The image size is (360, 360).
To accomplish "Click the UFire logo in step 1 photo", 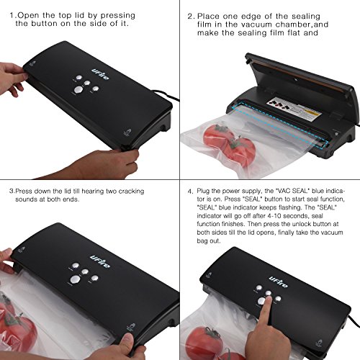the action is point(100,74).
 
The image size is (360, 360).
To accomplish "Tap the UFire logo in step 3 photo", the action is point(100,262).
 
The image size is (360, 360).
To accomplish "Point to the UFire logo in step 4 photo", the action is point(279,282).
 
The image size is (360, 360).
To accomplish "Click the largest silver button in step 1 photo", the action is point(78,90).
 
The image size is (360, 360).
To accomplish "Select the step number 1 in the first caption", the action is point(12,16).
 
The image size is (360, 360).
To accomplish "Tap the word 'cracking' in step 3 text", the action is point(131,191).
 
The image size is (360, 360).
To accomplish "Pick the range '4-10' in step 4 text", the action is point(274,216).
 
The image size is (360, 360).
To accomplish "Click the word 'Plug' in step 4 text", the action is point(204,191).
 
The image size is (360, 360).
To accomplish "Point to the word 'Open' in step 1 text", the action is point(28,16).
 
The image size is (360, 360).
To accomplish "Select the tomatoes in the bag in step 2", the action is point(229,144).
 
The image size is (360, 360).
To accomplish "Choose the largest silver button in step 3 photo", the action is point(75,279).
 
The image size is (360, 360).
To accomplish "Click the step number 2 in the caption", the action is point(190,17).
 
